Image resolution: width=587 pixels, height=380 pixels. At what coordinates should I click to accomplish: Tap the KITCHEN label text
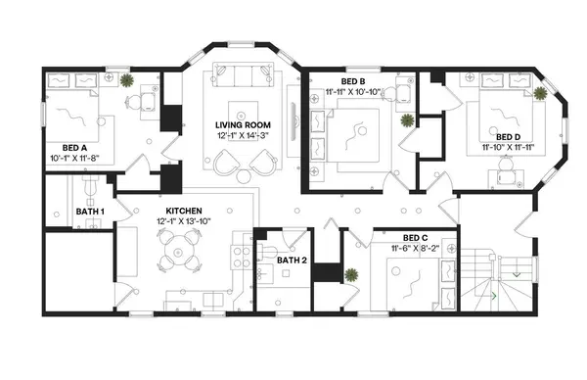tap(184, 211)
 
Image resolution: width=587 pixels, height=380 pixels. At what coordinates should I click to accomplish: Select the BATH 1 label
tap(90, 212)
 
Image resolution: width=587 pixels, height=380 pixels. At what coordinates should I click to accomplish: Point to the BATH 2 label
tap(292, 261)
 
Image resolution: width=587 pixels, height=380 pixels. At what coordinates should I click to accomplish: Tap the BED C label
tap(415, 237)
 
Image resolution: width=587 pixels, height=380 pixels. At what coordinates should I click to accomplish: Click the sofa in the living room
tap(243, 76)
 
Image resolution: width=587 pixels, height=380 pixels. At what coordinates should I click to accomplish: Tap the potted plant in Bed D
tap(540, 93)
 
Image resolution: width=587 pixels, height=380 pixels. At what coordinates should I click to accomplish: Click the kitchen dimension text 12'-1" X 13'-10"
tap(184, 221)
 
